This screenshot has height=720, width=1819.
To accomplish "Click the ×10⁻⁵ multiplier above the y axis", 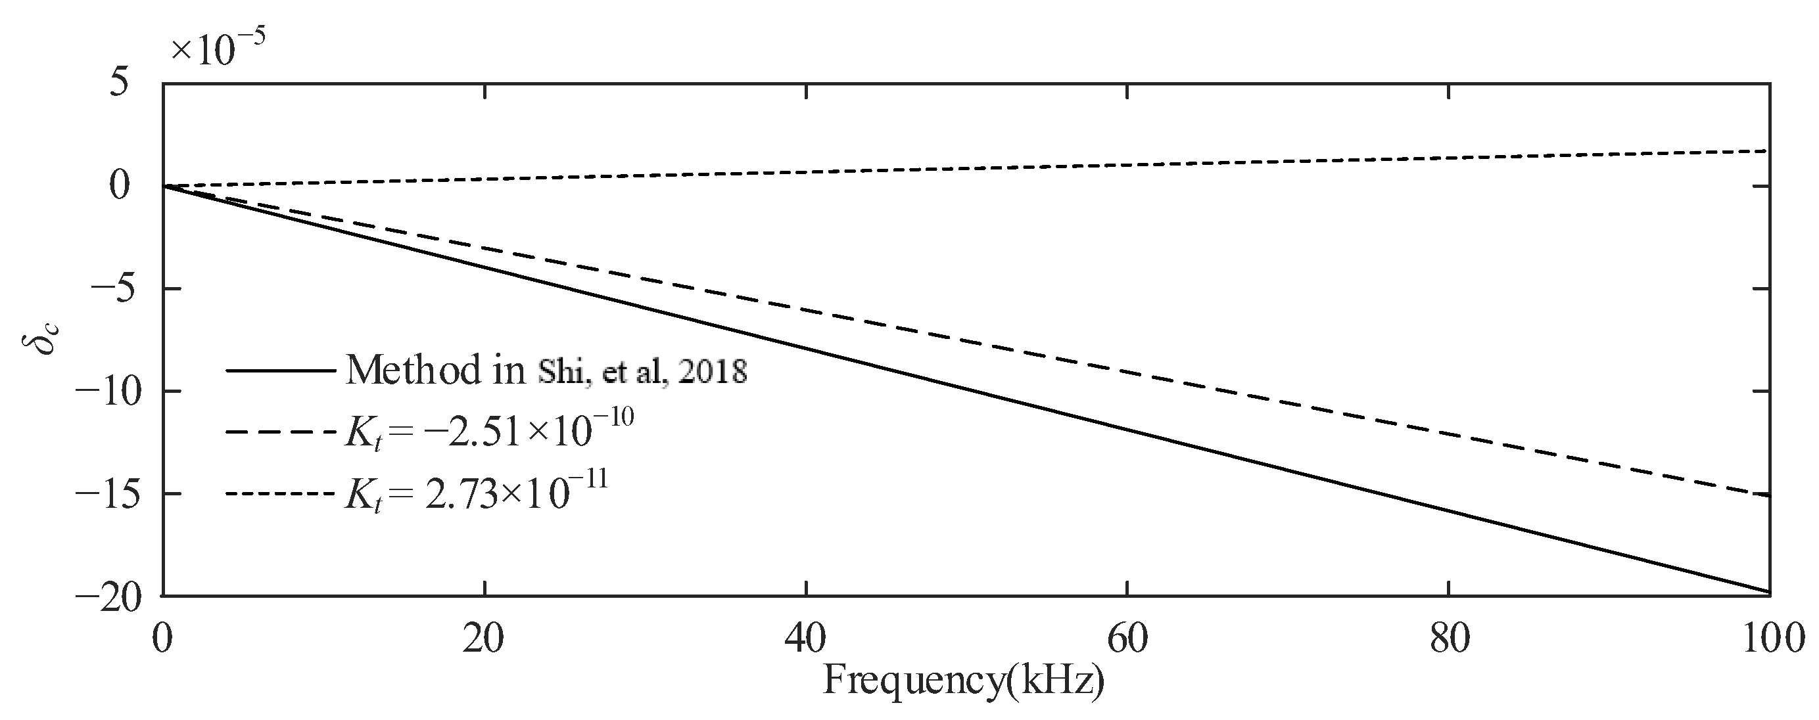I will tap(218, 49).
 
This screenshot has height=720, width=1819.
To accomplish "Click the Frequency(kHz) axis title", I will tap(964, 682).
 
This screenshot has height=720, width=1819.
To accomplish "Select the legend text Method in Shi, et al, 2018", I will tap(546, 370).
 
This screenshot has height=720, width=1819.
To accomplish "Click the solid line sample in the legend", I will tap(280, 370).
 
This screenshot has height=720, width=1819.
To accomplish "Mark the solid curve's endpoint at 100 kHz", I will tap(1769, 591).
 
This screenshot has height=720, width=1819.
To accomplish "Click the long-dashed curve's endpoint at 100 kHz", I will tap(1769, 495).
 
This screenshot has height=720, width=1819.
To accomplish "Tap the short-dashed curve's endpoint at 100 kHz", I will tap(1769, 151).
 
